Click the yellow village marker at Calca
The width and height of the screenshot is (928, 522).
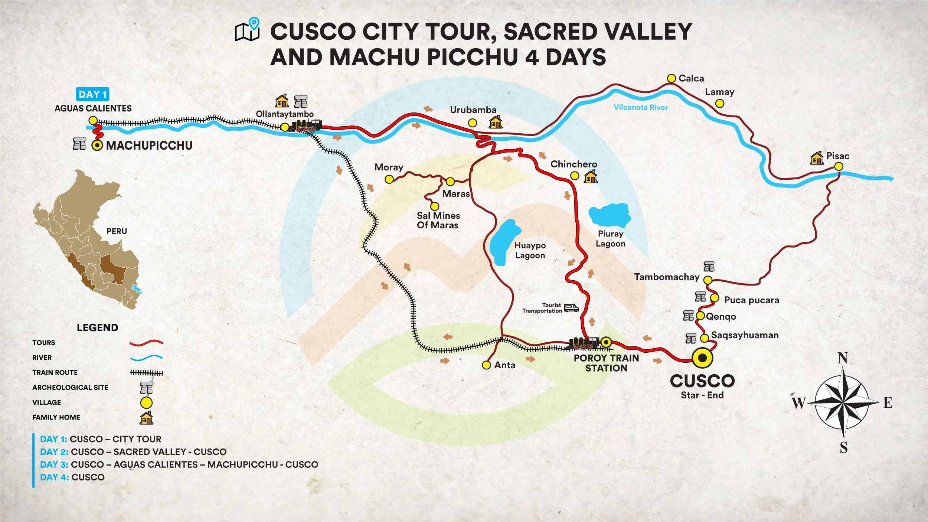pyautogui.click(x=671, y=78)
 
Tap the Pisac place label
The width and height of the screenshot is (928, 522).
pyautogui.click(x=838, y=156)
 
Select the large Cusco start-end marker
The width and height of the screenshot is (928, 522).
pyautogui.click(x=702, y=358)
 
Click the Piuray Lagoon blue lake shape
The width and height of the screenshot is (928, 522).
pyautogui.click(x=610, y=215)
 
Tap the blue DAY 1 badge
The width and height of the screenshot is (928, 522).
pyautogui.click(x=92, y=94)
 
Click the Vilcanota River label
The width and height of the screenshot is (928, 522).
pyautogui.click(x=641, y=107)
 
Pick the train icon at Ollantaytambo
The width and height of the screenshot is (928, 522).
pyautogui.click(x=307, y=126)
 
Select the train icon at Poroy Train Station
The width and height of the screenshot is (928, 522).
pyautogui.click(x=584, y=343)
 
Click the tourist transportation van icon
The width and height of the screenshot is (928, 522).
pyautogui.click(x=571, y=308)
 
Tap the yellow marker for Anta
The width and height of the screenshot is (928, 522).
pyautogui.click(x=486, y=365)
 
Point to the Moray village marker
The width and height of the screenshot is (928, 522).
pyautogui.click(x=389, y=180)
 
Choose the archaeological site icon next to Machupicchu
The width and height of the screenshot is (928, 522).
pyautogui.click(x=79, y=144)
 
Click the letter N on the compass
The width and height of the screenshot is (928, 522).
pyautogui.click(x=843, y=358)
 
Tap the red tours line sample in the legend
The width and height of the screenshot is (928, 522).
pyautogui.click(x=146, y=343)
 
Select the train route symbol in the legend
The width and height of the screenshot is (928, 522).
pyautogui.click(x=146, y=373)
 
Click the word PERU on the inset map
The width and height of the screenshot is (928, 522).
pyautogui.click(x=117, y=231)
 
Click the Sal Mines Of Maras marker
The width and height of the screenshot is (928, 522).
pyautogui.click(x=435, y=206)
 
